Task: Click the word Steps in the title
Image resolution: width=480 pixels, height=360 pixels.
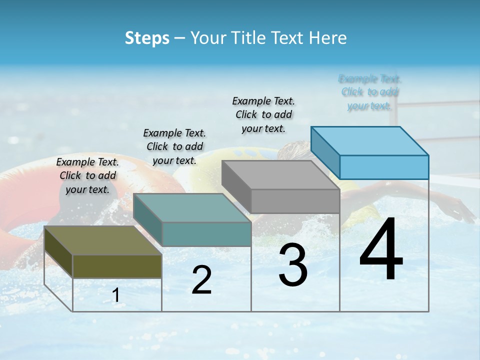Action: point(147,38)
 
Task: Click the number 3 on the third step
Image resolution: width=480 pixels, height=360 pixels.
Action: point(293,265)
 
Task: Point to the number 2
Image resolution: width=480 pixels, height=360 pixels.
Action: point(201,280)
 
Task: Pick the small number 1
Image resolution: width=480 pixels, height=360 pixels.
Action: point(115,295)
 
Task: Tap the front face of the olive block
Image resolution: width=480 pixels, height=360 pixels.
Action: point(117,266)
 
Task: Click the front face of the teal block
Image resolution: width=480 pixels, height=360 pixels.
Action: point(206,234)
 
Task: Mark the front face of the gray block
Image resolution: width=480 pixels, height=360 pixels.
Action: point(295,201)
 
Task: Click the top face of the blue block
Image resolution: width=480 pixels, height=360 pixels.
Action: point(369,140)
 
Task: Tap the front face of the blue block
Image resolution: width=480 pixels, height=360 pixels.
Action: point(384,167)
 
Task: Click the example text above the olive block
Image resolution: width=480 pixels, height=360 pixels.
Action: point(87,175)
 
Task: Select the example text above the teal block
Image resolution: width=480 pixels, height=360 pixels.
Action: point(174,146)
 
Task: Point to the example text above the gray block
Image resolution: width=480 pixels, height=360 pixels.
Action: point(263,114)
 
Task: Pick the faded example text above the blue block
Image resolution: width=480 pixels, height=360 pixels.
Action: point(369,92)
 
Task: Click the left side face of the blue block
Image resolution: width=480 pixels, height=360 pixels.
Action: point(325,152)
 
